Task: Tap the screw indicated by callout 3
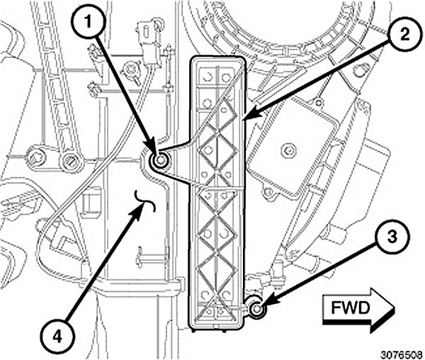257,309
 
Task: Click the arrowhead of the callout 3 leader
263,302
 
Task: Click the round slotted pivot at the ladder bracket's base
69,163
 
